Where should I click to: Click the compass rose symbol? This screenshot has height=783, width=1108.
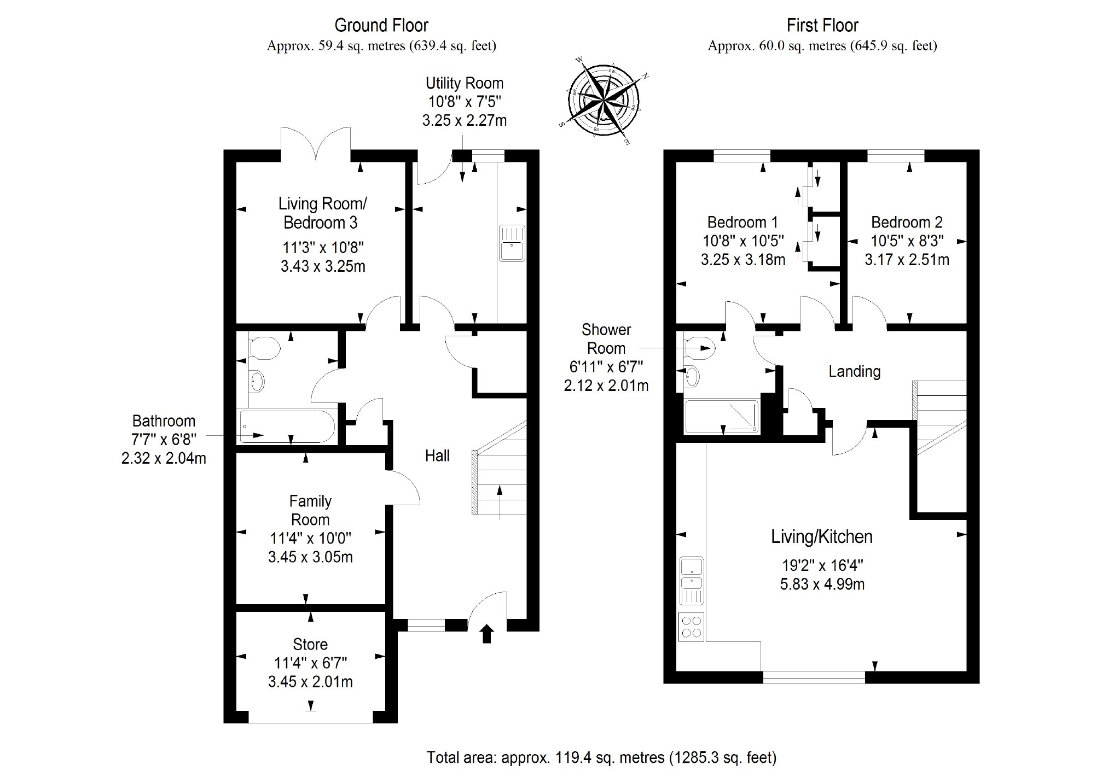603,101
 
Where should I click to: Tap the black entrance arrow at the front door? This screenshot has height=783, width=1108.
486,634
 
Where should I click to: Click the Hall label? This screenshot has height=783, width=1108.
437,455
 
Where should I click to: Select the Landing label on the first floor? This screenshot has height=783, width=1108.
854,372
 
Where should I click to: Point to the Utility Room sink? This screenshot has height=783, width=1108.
512,243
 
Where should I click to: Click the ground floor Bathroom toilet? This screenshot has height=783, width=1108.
264,348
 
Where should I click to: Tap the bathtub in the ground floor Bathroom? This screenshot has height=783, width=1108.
287,427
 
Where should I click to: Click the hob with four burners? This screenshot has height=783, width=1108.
691,627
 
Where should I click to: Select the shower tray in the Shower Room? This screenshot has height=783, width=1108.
722,417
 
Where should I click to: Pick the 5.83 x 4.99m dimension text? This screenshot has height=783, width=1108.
822,585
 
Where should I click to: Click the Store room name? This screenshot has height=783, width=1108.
310,644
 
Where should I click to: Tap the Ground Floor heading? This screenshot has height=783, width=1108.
381,25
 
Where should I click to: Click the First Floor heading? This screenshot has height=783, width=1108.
822,25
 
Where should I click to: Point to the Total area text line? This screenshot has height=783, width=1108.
601,757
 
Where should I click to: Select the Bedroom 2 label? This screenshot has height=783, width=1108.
907,223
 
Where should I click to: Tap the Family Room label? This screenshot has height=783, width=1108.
310,510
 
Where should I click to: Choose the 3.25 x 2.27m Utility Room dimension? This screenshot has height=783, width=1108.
464,120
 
